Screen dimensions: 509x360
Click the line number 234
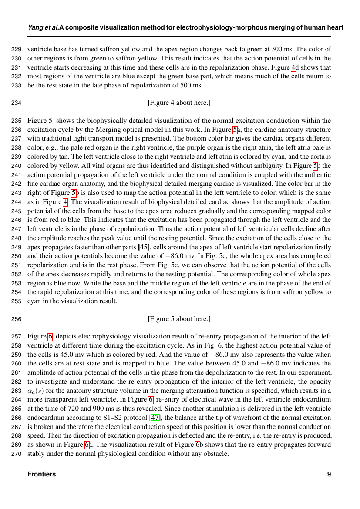click(x=17, y=103)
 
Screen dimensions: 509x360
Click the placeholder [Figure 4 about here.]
click(x=179, y=103)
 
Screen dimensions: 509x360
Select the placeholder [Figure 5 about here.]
click(x=179, y=319)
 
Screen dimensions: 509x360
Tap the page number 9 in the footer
click(x=329, y=474)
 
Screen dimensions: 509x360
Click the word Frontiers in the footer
click(x=42, y=474)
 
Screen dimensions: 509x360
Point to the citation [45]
click(x=143, y=247)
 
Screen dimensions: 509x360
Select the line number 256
click(x=17, y=319)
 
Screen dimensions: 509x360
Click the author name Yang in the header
click(x=35, y=27)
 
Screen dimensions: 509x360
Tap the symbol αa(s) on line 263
click(x=35, y=391)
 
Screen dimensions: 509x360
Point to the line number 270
click(x=17, y=454)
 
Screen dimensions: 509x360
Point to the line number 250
click(x=17, y=256)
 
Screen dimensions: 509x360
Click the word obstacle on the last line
click(x=216, y=454)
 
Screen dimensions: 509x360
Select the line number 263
click(x=17, y=391)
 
